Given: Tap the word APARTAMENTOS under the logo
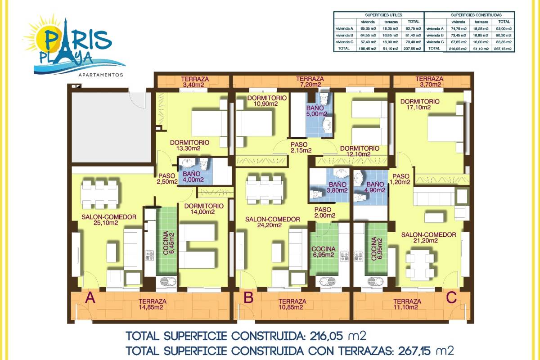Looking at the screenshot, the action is pos(101,75).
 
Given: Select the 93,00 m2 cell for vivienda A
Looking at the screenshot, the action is pos(504,28).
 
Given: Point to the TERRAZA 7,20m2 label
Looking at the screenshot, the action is pos(310,81).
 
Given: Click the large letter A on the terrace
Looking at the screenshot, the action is pos(90,297).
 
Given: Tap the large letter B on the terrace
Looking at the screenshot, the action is pos(248,297).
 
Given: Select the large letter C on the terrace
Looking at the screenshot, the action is pos(451,297).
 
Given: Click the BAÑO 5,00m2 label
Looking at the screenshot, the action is pos(316,111).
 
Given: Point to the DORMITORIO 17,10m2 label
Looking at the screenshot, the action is pos(420,104).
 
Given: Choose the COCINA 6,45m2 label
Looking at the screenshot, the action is pos(168,243).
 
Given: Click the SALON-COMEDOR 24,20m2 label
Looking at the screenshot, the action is pos(272,222).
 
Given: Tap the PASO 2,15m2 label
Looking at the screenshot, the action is pos(301,148).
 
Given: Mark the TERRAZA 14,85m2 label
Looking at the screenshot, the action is pos(152,304).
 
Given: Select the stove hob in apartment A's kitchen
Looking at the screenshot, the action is pos(149,256).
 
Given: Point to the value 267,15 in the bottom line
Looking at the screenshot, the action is pos(414,351).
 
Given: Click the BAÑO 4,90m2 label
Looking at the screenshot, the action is pos(375,187).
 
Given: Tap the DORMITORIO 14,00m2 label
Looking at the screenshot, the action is pos(204,209).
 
